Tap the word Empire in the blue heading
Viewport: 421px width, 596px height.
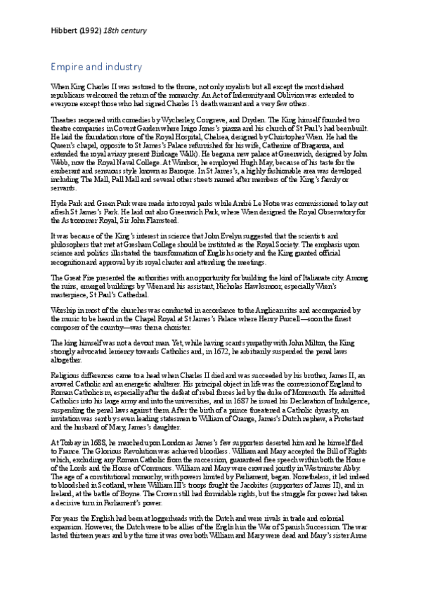pyautogui.click(x=66, y=67)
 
